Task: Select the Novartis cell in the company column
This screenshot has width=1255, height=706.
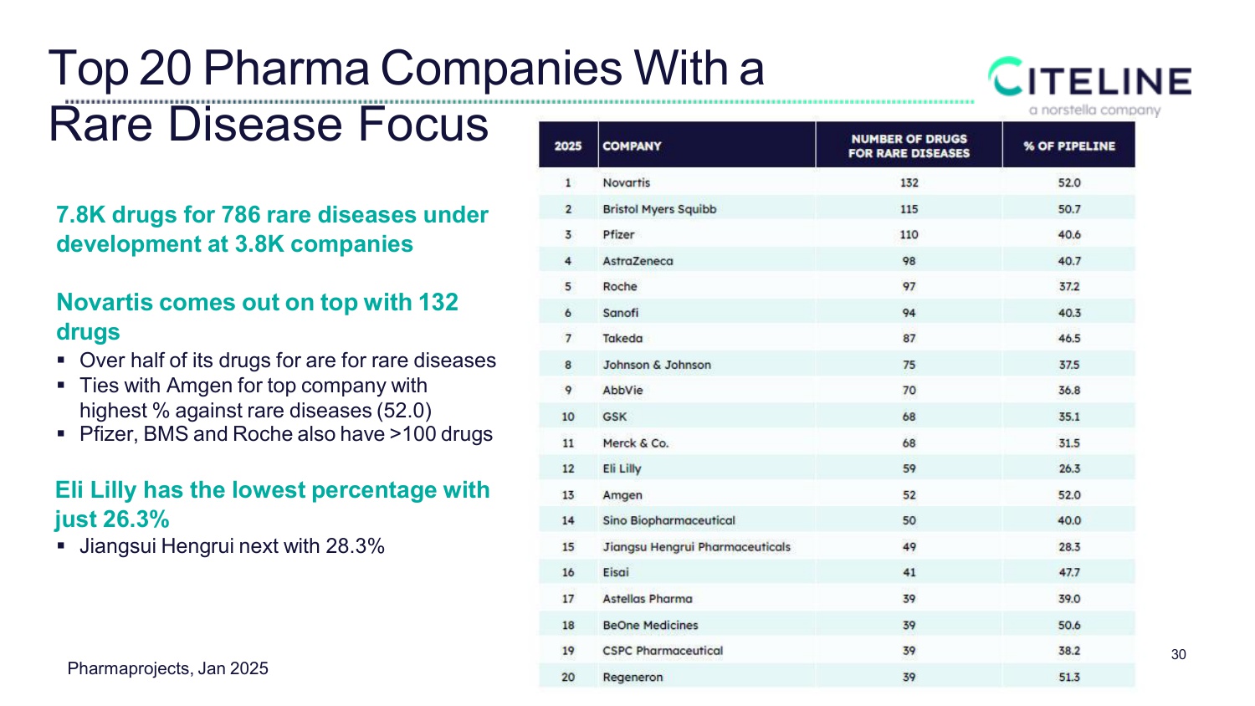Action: coord(626,183)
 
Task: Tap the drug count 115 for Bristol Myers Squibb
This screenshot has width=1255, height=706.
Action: coord(909,209)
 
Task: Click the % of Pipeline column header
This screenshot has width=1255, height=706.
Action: coord(1068,146)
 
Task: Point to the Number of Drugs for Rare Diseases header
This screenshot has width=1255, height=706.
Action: coord(909,146)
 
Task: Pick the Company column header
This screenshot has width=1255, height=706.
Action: coord(632,146)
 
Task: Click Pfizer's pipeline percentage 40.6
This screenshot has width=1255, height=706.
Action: coord(1068,235)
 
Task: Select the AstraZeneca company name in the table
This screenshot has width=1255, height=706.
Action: coord(638,261)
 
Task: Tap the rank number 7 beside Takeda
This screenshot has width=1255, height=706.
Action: coord(568,339)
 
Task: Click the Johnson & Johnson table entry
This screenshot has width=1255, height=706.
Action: coord(657,365)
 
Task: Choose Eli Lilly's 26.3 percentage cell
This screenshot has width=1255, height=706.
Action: coord(1068,469)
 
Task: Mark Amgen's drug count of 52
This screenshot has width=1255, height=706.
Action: coord(909,495)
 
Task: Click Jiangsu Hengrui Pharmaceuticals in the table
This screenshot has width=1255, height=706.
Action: coord(696,547)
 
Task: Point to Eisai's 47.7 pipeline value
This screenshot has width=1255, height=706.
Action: coord(1068,573)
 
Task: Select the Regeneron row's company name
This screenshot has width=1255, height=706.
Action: coord(633,678)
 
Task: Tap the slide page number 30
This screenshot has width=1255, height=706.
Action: coord(1178,655)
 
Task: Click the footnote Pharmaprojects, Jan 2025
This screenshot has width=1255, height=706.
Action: coord(167,668)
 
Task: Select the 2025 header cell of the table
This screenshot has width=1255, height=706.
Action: coord(568,146)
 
